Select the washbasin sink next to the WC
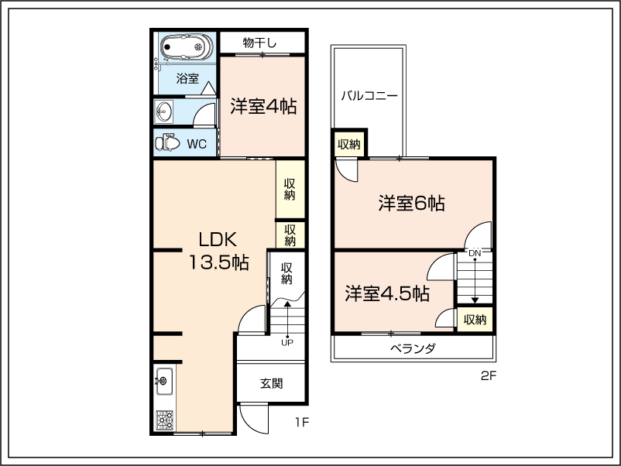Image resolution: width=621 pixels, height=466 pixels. coord(163,111)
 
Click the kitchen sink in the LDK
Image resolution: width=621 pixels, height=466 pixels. coord(163,382)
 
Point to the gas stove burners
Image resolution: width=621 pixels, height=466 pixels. coord(164,420)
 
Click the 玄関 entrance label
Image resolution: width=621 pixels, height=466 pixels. coord(271,383)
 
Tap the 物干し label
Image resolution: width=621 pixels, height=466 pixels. coord(259,43)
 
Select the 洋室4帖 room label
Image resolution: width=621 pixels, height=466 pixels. coord(263,107)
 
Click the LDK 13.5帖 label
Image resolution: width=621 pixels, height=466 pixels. coord(218,251)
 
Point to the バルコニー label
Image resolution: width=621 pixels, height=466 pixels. coord(369,96)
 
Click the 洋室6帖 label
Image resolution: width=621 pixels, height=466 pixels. coord(411,203)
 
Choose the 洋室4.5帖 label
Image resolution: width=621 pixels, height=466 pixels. coord(387,294)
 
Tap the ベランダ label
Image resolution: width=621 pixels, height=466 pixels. coord(413,348)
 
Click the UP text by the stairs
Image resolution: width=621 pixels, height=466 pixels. coord(287,343)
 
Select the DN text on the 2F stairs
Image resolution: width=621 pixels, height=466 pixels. coord(475,253)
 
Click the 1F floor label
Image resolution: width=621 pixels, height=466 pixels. coord(301,423)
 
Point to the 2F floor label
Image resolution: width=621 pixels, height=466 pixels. coord(489,375)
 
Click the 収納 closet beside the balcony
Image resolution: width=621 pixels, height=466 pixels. coord(349,144)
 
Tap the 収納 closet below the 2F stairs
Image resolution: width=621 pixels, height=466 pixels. coord(475,319)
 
